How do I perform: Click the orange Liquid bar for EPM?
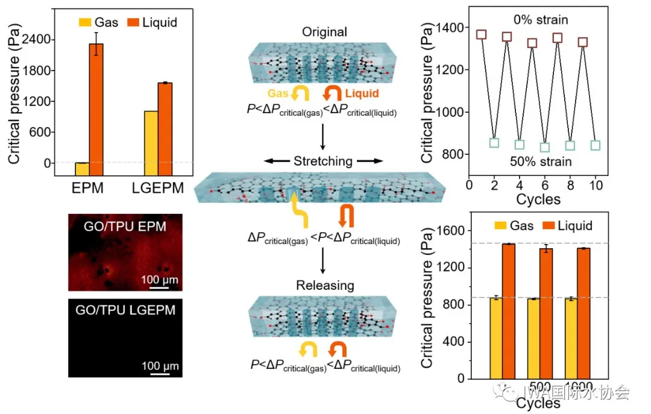[x=96, y=104]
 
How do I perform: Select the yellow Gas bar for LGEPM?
[x=151, y=137]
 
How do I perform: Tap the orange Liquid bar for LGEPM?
[x=165, y=123]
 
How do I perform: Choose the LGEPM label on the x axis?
[x=157, y=189]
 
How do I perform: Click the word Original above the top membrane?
[x=325, y=31]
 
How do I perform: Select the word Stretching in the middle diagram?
[x=323, y=161]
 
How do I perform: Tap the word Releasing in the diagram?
[x=324, y=285]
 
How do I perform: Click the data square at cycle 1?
[x=481, y=34]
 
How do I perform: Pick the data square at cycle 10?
[x=596, y=145]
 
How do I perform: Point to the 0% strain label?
[x=540, y=20]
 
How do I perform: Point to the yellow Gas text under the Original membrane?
[x=278, y=93]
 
